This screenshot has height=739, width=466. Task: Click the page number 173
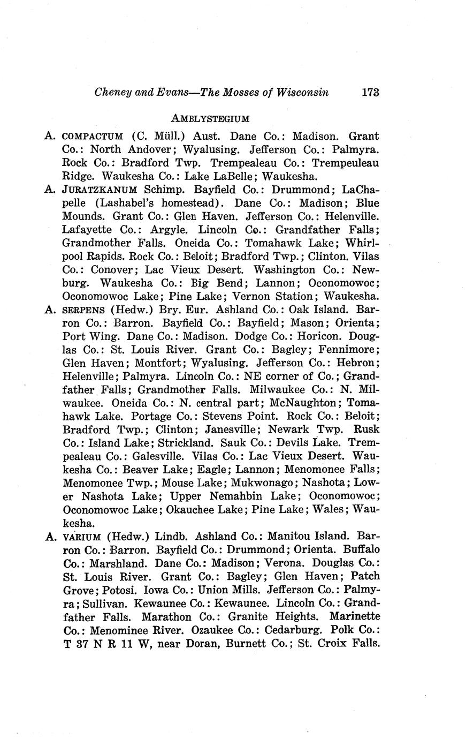click(370, 92)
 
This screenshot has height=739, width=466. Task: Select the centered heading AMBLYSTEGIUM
click(211, 118)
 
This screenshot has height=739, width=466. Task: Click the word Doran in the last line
click(201, 643)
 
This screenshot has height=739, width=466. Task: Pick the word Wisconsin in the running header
click(303, 92)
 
